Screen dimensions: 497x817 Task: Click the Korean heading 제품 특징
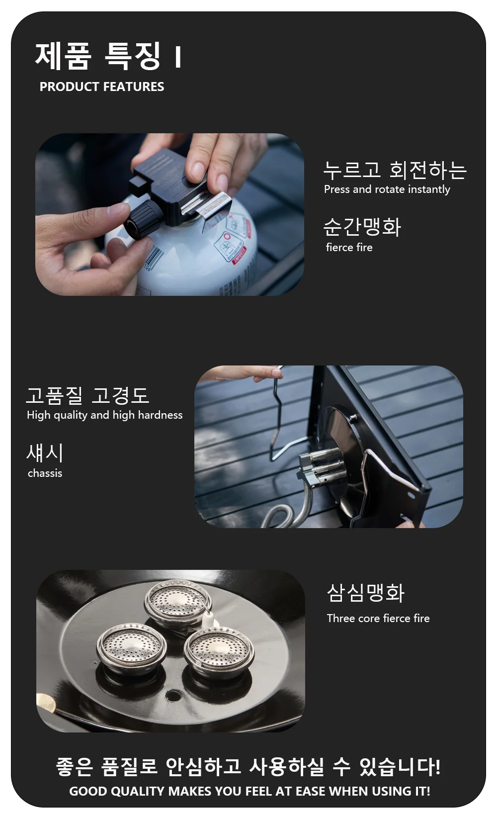(98, 56)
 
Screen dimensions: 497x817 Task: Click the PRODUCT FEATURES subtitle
(102, 87)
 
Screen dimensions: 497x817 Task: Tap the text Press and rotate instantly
(387, 189)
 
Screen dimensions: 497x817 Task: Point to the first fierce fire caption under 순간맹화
(349, 247)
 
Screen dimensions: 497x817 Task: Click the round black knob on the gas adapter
(139, 221)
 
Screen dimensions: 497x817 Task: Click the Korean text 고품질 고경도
(87, 395)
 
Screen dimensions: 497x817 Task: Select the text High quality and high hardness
(105, 415)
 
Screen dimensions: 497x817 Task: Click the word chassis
(45, 473)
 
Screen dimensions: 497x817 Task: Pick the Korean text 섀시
(45, 453)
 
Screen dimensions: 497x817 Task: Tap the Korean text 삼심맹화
(365, 593)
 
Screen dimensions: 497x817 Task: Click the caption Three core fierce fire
(378, 618)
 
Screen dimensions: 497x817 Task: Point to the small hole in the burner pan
(172, 695)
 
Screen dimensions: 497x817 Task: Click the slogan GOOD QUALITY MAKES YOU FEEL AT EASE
(249, 792)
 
